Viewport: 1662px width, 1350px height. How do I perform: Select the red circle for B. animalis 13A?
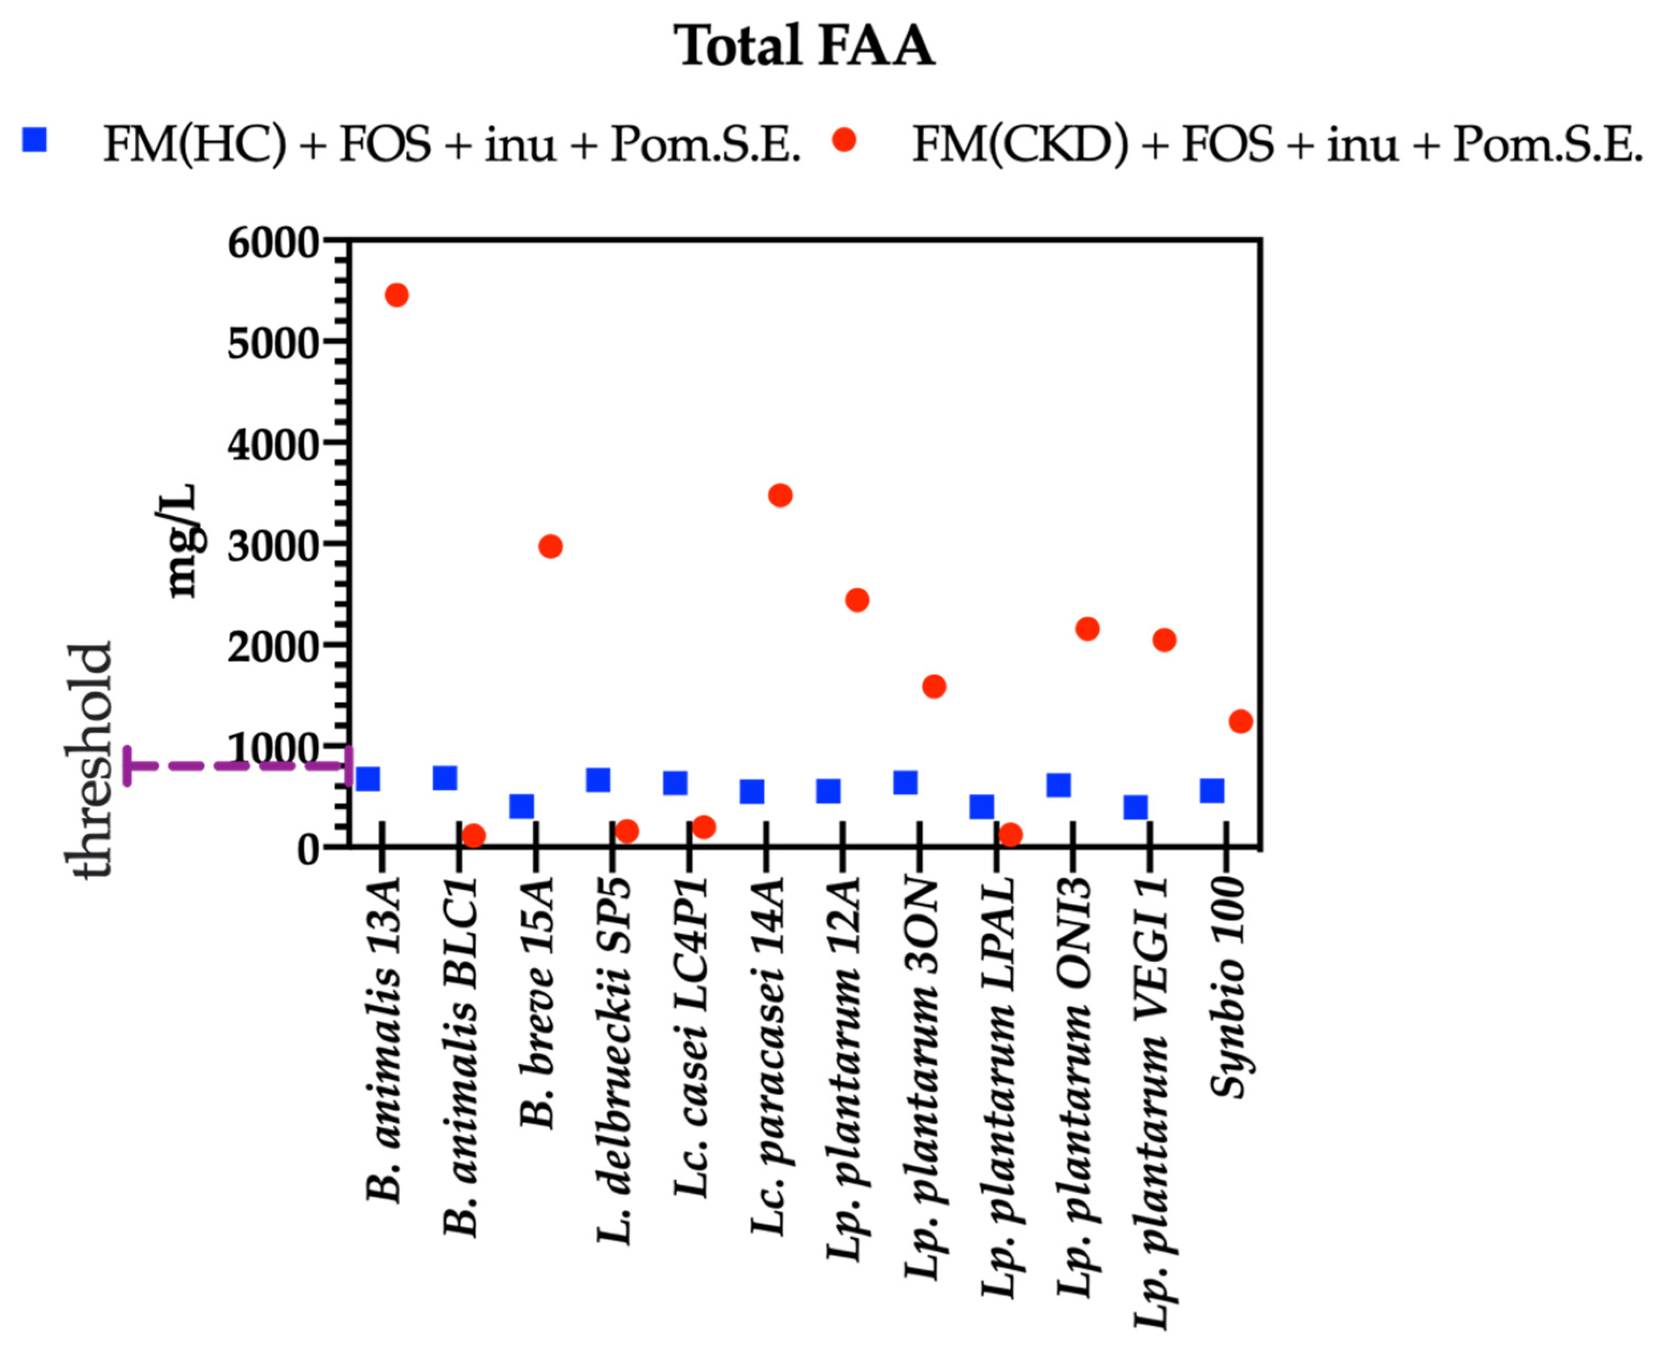pos(396,295)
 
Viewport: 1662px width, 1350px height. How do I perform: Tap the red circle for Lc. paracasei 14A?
pos(780,495)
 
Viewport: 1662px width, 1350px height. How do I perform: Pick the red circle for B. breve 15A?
pos(550,547)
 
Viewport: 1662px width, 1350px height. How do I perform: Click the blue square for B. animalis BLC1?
pos(445,778)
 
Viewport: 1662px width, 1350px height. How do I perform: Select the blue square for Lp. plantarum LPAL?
pos(981,807)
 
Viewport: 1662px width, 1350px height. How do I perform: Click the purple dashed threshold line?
pos(233,766)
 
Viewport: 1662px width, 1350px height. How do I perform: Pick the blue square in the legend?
pos(35,141)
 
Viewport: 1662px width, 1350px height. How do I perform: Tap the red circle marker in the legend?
pos(844,140)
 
